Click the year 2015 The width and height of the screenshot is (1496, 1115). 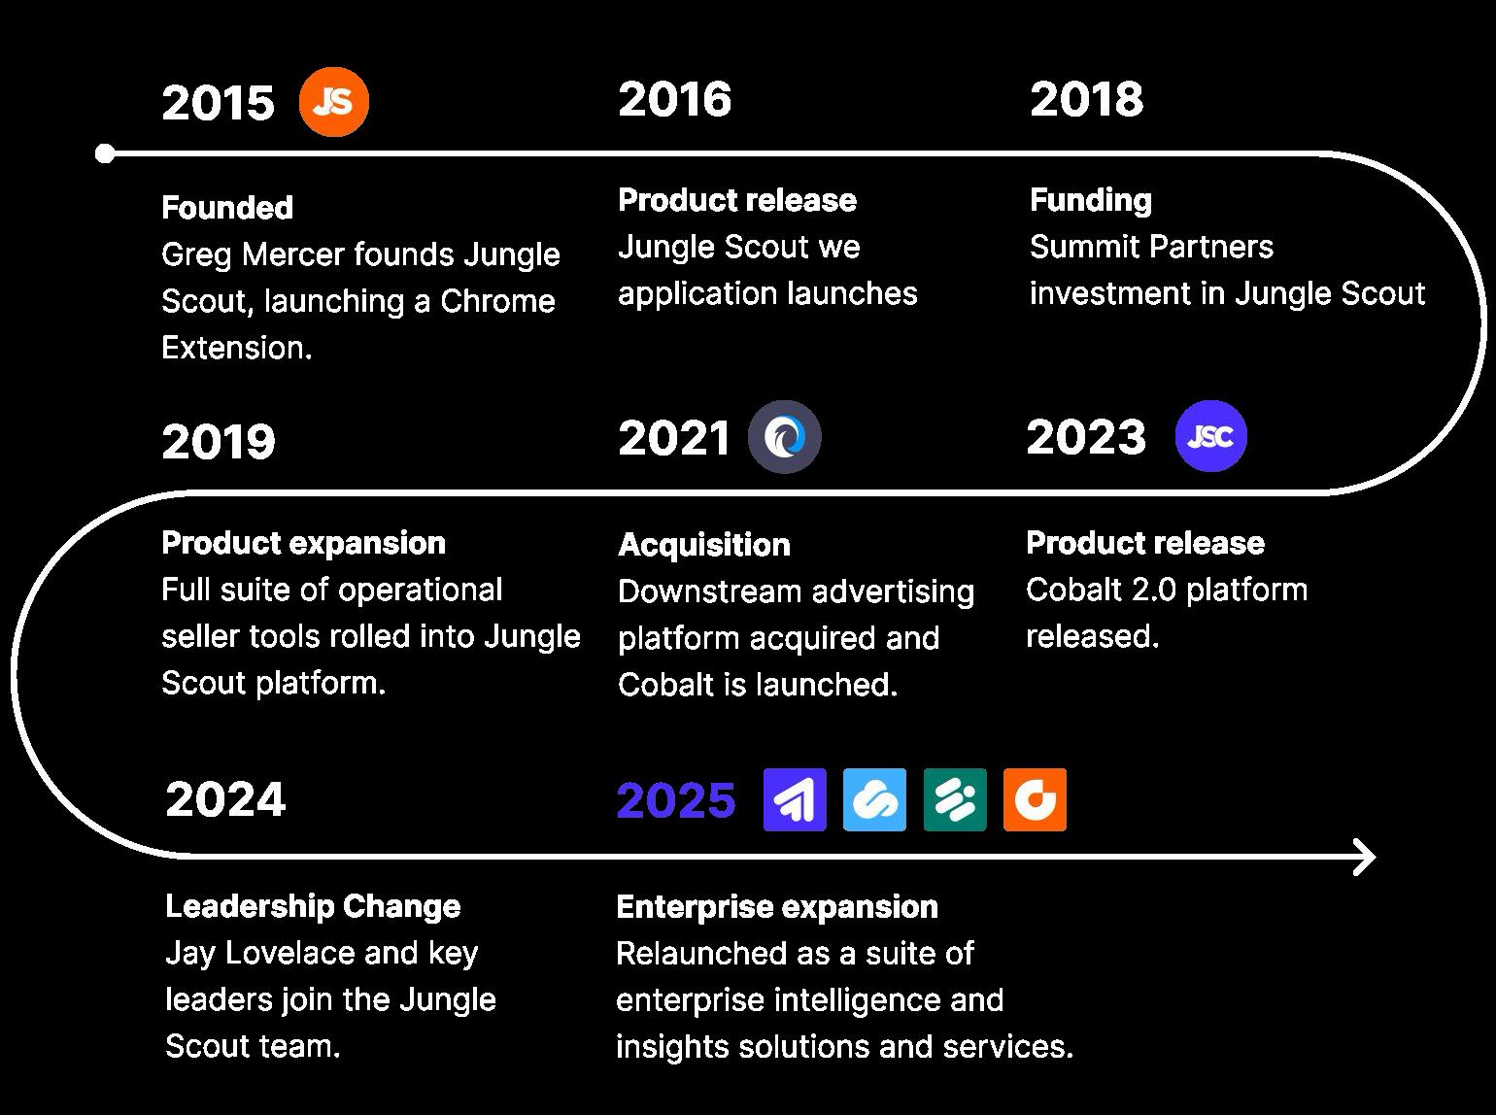click(x=219, y=103)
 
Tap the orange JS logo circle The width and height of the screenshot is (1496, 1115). click(x=334, y=102)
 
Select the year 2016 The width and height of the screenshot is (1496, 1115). click(x=675, y=99)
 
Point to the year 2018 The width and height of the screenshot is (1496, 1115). click(x=1086, y=99)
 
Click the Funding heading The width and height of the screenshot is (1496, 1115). click(x=1091, y=201)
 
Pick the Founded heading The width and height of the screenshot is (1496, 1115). click(x=227, y=208)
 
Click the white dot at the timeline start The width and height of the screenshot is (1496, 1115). click(x=105, y=153)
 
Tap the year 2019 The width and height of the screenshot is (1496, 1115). click(x=219, y=441)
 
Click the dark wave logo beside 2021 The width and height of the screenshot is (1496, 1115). click(x=785, y=437)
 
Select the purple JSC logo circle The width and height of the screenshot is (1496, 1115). click(x=1211, y=436)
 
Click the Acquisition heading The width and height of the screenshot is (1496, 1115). click(x=704, y=546)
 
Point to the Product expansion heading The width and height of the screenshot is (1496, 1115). click(x=303, y=544)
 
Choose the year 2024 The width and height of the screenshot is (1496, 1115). click(x=225, y=799)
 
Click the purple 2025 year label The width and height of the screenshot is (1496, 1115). click(x=676, y=799)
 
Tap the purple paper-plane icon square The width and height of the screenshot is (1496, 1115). click(x=795, y=799)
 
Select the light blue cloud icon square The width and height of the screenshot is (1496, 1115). click(x=874, y=799)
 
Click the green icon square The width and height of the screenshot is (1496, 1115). click(x=955, y=799)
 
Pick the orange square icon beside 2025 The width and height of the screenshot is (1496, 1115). click(x=1035, y=799)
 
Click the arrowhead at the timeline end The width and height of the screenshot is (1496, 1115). click(x=1366, y=857)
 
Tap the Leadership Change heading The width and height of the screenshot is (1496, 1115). click(x=313, y=906)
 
